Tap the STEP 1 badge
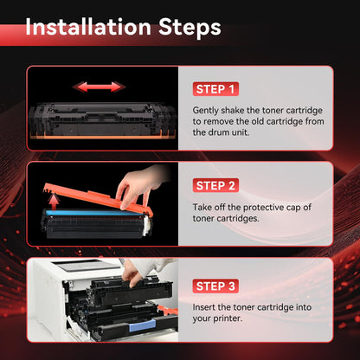[215, 89]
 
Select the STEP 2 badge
[216, 185]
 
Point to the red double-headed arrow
[97, 87]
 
